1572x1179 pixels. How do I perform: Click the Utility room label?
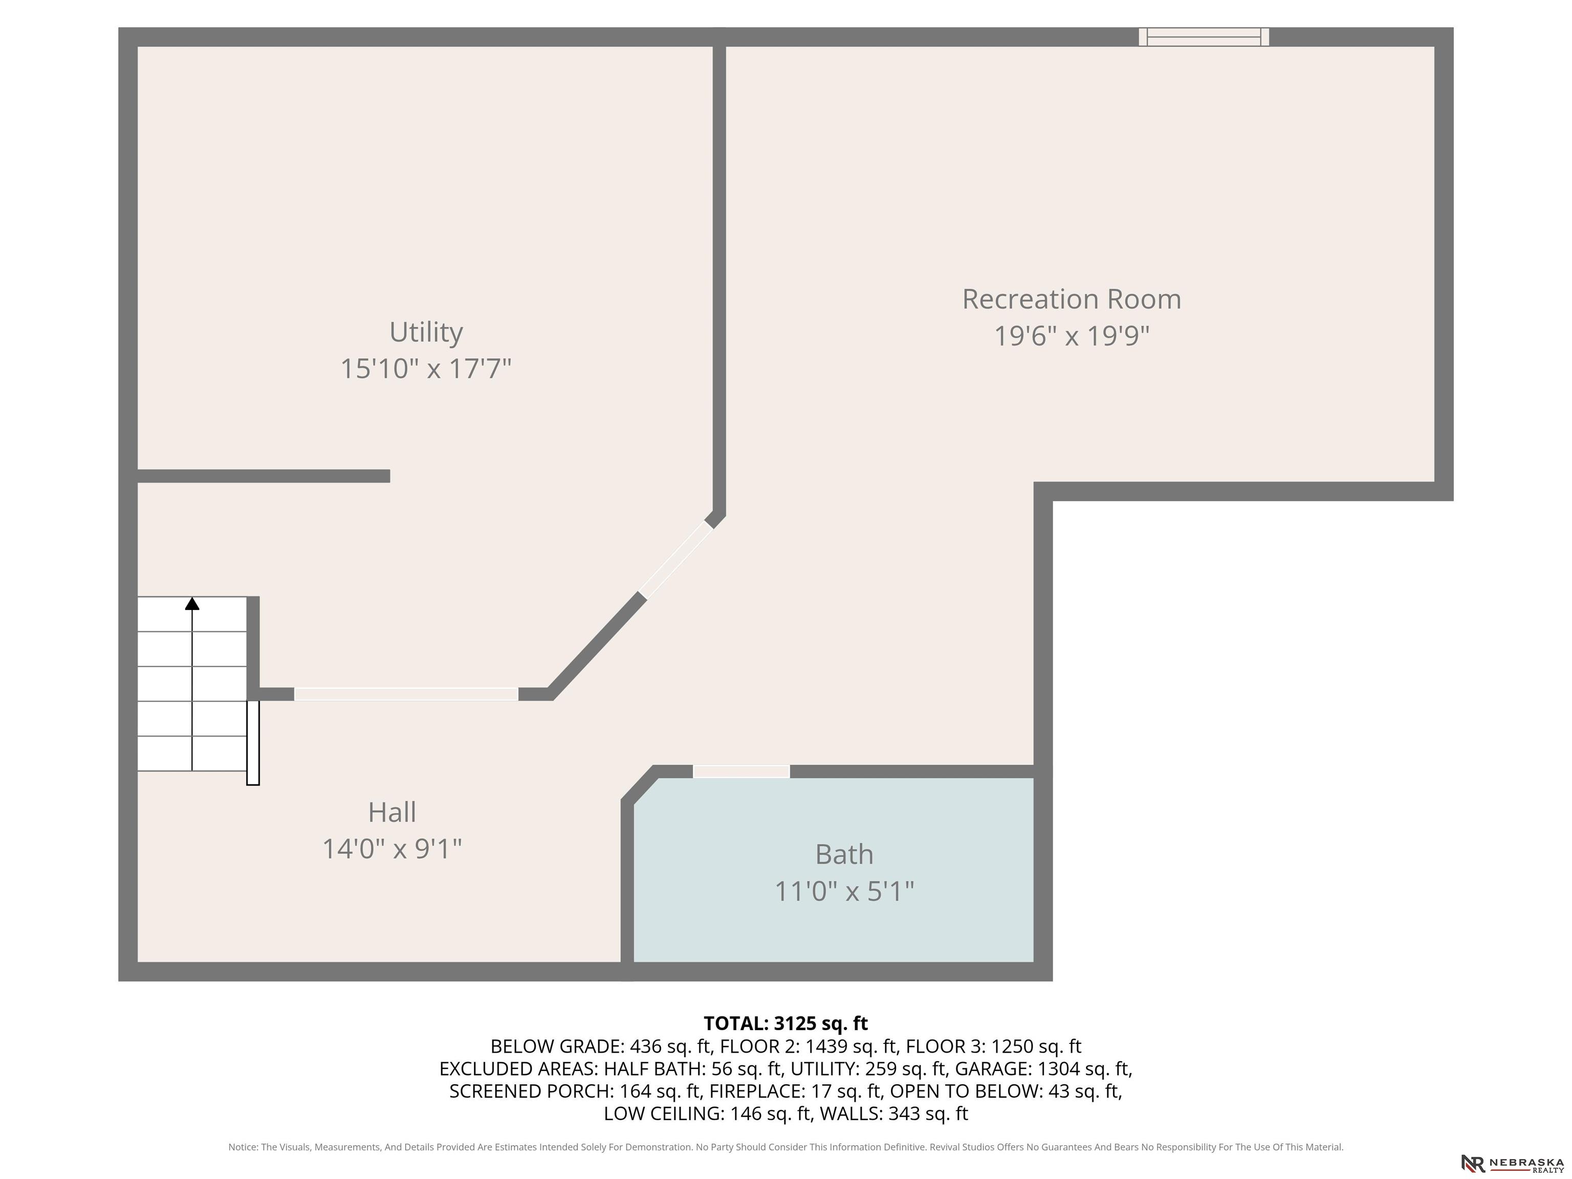426,333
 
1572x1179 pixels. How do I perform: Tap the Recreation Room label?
1072,299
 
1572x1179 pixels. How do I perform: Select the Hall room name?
392,812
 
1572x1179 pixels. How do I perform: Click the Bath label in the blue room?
844,854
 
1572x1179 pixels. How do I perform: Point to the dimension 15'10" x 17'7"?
426,369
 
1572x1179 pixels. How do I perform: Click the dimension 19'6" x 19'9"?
1072,336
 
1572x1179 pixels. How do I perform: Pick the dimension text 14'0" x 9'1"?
392,848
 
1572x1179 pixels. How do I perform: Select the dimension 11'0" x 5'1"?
844,891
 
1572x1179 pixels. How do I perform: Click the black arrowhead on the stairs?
192,603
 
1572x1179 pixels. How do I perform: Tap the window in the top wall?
1204,37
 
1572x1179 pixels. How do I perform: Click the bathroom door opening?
741,772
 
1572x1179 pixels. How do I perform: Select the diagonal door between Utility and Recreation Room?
676,560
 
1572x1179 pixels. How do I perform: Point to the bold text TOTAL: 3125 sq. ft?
785,1023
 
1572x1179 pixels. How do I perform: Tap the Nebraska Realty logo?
1512,1163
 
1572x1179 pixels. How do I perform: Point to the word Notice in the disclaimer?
243,1147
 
